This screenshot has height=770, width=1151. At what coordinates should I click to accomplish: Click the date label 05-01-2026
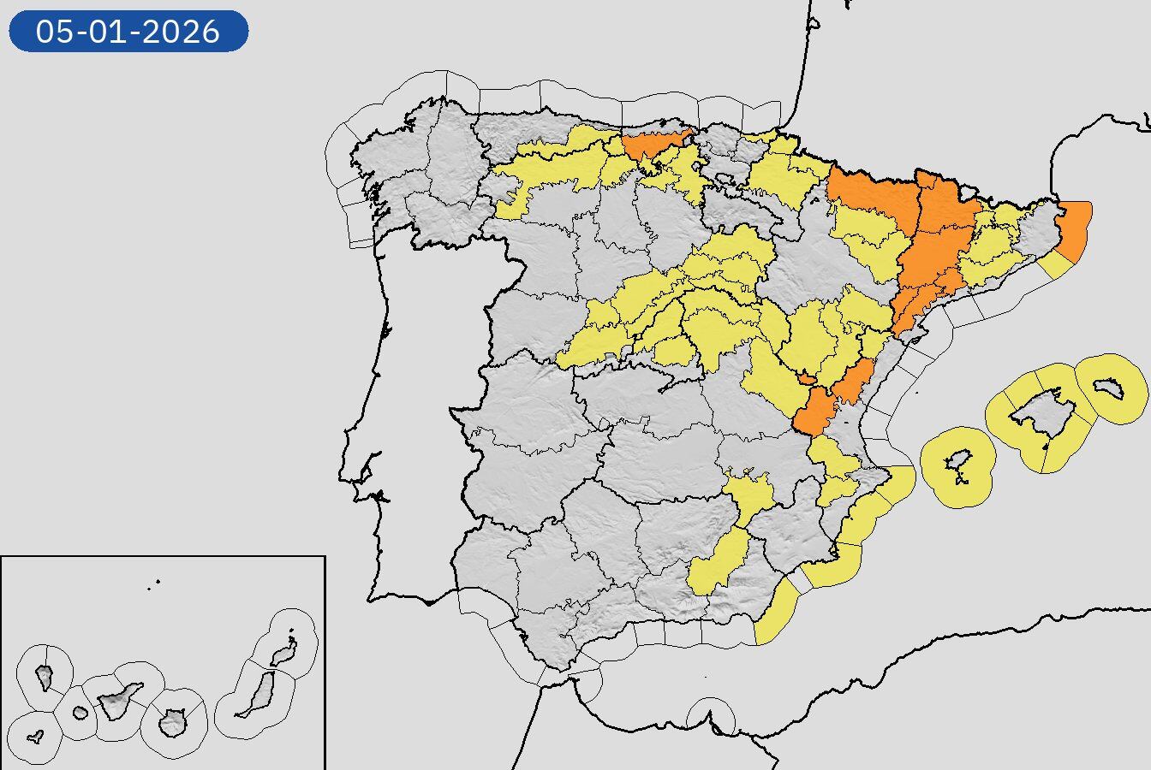point(128,31)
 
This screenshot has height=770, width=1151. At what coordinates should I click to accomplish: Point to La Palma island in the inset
point(45,678)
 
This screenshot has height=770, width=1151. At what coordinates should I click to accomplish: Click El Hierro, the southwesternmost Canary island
point(35,737)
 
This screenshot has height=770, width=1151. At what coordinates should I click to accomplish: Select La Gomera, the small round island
point(80,713)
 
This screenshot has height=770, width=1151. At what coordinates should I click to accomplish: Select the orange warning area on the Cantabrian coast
point(655,143)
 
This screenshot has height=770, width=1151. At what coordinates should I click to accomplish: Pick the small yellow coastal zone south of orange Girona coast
point(1056,265)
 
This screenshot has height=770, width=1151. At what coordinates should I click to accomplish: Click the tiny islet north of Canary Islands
point(156,584)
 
